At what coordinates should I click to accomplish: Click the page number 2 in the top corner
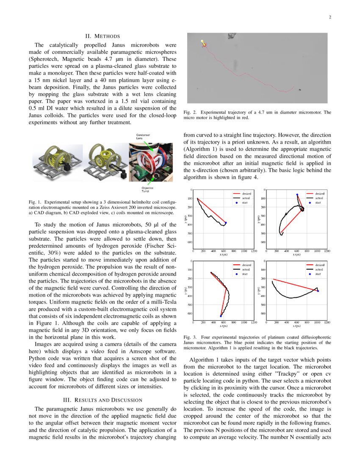pyautogui.click(x=329, y=17)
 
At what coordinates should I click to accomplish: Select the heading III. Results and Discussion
pyautogui.click(x=103, y=400)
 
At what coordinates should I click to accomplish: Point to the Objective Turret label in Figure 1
pyautogui.click(x=148, y=189)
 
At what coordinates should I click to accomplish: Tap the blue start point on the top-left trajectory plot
pyautogui.click(x=226, y=222)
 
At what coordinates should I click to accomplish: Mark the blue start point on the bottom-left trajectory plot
pyautogui.click(x=221, y=316)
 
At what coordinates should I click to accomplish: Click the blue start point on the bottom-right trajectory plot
pyautogui.click(x=318, y=291)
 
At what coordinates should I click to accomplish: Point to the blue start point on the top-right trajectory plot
pyautogui.click(x=297, y=195)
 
